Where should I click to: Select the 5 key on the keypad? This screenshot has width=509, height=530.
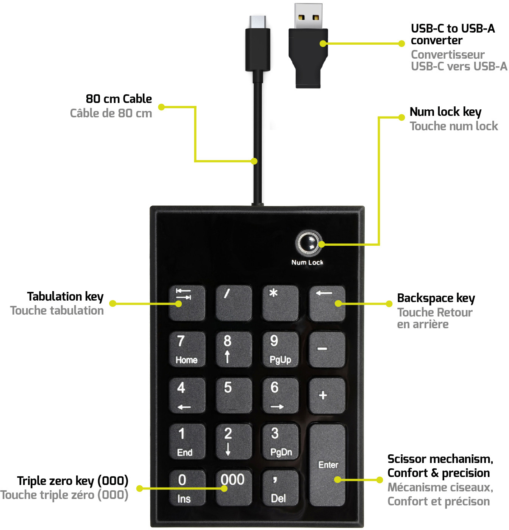click(x=234, y=395)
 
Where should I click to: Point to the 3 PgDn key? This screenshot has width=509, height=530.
click(x=280, y=441)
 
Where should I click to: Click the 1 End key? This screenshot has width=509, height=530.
click(x=187, y=441)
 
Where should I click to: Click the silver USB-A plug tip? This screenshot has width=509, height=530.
click(x=308, y=16)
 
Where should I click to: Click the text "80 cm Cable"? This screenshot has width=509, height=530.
click(x=119, y=99)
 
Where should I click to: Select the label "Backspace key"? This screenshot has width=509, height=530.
click(x=436, y=298)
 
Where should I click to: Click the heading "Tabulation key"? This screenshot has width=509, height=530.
click(x=65, y=296)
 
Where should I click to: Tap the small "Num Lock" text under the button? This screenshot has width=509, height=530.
click(x=307, y=262)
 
